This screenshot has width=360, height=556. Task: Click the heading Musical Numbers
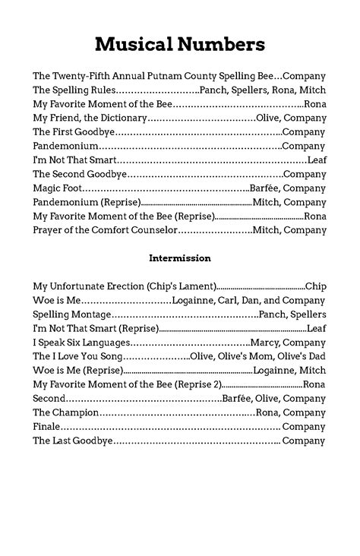180,45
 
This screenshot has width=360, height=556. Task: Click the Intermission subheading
180,258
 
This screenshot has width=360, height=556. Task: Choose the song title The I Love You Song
77,356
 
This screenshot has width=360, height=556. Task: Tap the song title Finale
46,427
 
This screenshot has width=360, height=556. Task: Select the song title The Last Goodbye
74,441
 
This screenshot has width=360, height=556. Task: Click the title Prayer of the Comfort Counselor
105,229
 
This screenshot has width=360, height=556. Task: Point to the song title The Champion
66,412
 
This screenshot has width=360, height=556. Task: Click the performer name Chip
315,286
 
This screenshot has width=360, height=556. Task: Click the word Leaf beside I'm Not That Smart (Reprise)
317,328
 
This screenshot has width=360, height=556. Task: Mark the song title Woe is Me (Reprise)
77,371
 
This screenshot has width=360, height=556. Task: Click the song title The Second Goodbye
74,174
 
